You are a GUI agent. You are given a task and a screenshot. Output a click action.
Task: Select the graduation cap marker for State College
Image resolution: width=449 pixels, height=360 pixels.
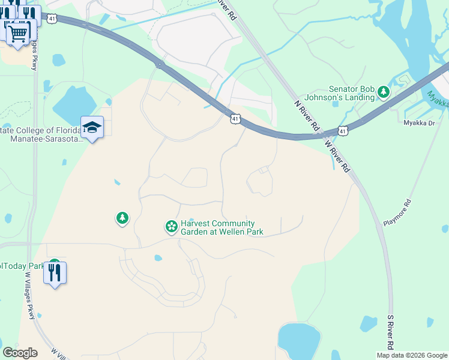click(x=92, y=127)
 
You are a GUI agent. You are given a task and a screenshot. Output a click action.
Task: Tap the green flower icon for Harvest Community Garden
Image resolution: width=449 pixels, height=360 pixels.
click(x=171, y=227)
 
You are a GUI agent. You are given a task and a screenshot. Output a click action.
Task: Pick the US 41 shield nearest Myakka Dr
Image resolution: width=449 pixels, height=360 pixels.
click(x=343, y=130)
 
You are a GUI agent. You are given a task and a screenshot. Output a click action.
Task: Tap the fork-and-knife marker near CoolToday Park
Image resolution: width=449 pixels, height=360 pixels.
click(x=55, y=273)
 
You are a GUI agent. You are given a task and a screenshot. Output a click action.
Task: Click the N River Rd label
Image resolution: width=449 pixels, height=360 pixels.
click(x=306, y=116)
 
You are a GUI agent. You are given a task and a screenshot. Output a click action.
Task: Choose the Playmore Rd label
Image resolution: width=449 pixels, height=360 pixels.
click(x=397, y=212)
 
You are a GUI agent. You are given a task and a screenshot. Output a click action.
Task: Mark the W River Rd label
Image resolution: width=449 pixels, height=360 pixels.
click(x=337, y=155)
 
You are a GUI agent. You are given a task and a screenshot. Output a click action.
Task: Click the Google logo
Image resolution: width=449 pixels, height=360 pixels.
click(x=20, y=352)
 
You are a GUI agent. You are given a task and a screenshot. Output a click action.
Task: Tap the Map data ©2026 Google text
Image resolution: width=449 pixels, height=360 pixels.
click(x=412, y=355)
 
